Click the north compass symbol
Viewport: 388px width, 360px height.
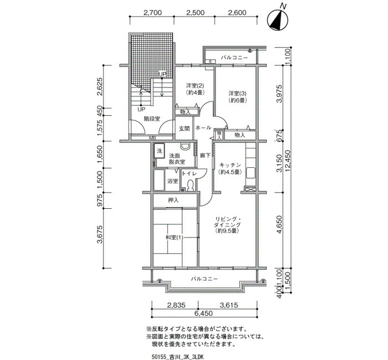point(277,20)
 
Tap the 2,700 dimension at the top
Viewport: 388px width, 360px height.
point(152,12)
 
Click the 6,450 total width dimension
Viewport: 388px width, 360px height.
point(203,313)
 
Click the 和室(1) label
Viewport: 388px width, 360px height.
point(174,238)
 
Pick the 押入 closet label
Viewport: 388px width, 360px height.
point(173,200)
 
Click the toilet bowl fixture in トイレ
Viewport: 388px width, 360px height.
point(190,184)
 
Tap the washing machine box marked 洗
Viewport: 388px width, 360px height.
point(160,151)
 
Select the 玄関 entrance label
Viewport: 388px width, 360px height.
point(184,128)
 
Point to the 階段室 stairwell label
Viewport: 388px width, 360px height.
point(152,119)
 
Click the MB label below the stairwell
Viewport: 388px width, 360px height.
point(152,138)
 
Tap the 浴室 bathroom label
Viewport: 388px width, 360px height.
point(173,181)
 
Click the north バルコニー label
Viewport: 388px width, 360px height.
point(234,58)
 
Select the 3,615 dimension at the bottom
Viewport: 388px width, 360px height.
point(229,305)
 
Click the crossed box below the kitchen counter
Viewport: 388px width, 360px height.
point(250,189)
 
